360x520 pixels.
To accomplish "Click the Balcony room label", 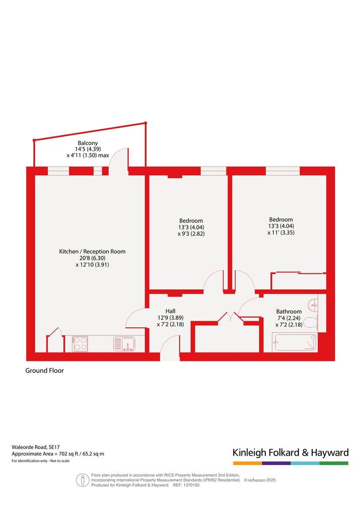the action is pyautogui.click(x=88, y=143).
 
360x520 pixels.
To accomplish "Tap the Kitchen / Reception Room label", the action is pyautogui.click(x=92, y=251).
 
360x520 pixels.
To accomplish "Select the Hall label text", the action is pyautogui.click(x=171, y=311).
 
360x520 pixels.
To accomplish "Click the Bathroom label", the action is pyautogui.click(x=289, y=312).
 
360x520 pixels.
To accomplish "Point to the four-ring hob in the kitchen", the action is pyautogui.click(x=80, y=344).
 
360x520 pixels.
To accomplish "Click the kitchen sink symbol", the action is pyautogui.click(x=124, y=344).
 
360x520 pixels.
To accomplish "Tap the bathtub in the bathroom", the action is pyautogui.click(x=295, y=342).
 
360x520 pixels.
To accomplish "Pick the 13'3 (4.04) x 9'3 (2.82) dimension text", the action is pyautogui.click(x=191, y=231).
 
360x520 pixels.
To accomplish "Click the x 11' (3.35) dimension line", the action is pyautogui.click(x=281, y=233).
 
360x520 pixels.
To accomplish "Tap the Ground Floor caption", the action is pyautogui.click(x=44, y=370).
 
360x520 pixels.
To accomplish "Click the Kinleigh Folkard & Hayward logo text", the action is pyautogui.click(x=291, y=453).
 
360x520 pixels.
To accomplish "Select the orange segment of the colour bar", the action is pyautogui.click(x=247, y=463).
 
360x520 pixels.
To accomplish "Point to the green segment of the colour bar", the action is pyautogui.click(x=334, y=463).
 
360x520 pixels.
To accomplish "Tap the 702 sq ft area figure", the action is pyautogui.click(x=68, y=454).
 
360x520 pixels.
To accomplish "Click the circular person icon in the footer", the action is pyautogui.click(x=82, y=480).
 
